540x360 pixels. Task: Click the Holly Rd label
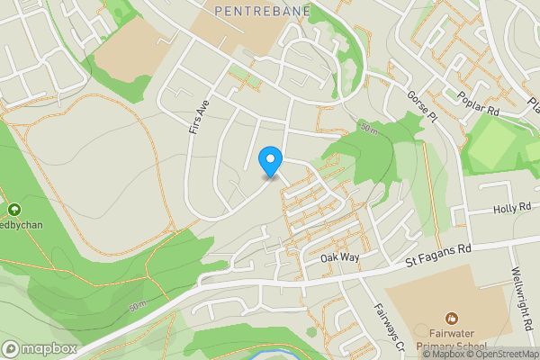tap(513, 209)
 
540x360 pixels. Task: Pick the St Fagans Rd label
tap(439, 258)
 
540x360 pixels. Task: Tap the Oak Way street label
tap(340, 257)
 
